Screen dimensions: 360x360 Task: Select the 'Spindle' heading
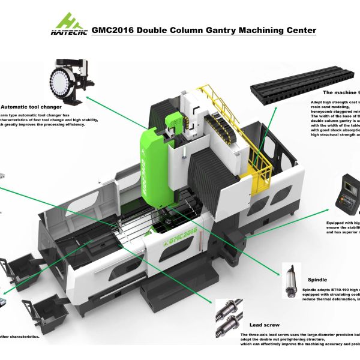coord(317,279)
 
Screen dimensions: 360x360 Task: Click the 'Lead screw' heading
coord(264,324)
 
